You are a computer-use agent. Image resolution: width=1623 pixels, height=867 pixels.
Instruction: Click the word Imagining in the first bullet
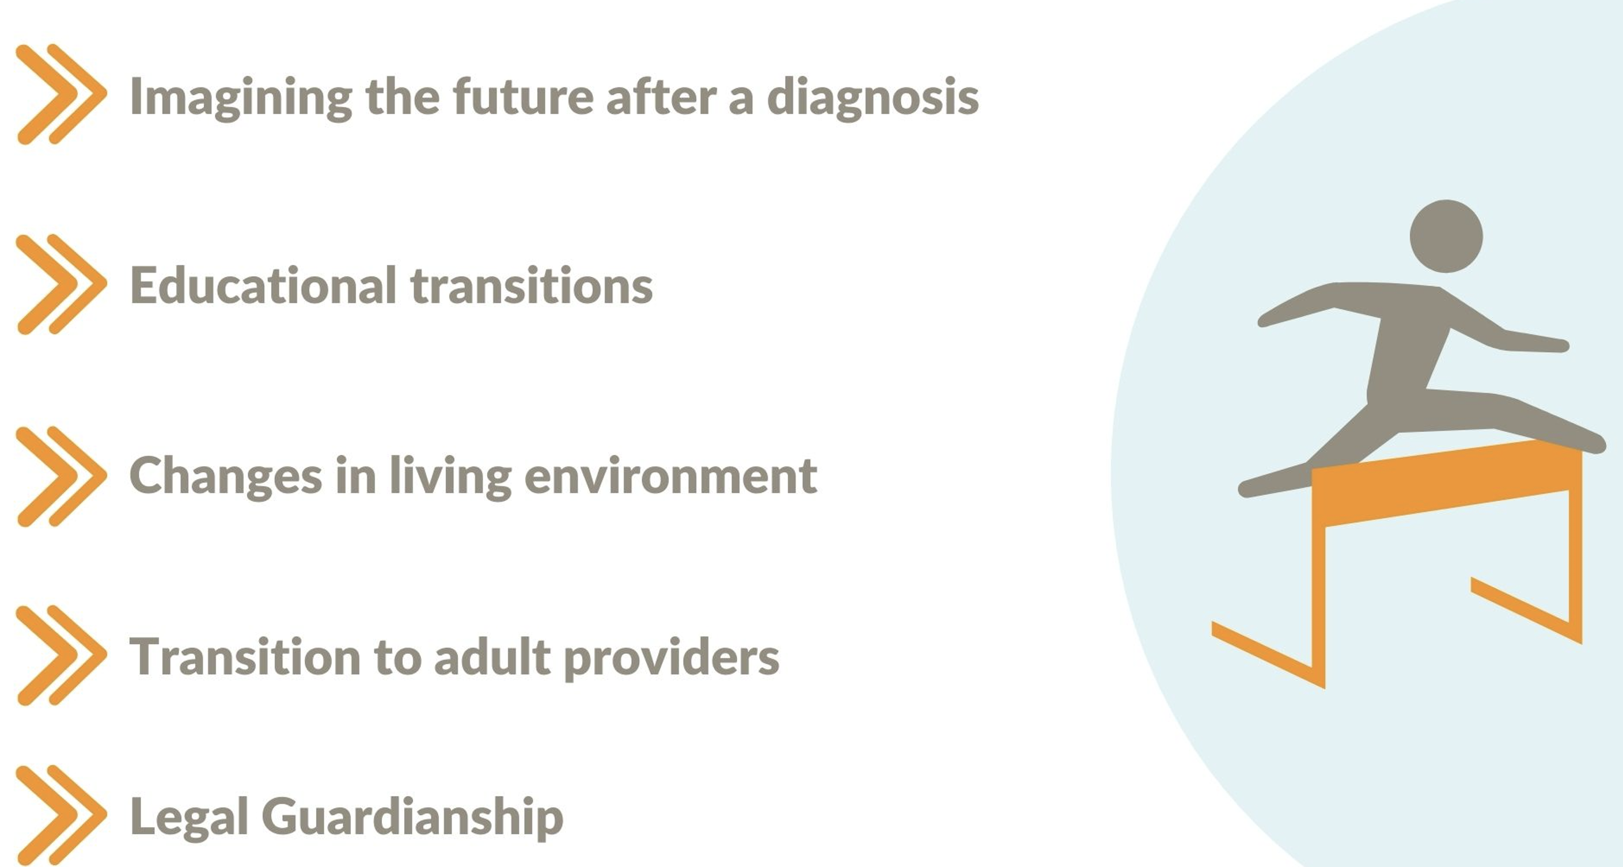point(240,98)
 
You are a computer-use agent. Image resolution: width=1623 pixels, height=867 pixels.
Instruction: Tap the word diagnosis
point(873,98)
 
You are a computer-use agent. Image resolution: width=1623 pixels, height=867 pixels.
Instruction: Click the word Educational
point(263,284)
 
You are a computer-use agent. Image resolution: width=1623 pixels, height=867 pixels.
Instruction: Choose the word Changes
point(225,477)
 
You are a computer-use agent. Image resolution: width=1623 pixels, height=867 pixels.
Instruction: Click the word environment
point(670,476)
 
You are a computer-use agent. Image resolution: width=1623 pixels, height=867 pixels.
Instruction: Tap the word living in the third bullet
point(450,477)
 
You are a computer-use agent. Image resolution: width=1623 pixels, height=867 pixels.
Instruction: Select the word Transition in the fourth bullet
point(244,657)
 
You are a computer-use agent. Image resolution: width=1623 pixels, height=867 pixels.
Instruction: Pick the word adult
point(492,657)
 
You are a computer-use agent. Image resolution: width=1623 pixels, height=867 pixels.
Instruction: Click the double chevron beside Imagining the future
point(61,94)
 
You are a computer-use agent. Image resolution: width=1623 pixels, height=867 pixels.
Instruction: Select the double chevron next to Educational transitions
point(61,284)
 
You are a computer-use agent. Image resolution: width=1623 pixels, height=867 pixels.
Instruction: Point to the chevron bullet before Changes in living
point(61,477)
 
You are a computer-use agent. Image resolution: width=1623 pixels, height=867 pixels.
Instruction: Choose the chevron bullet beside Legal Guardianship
point(61,815)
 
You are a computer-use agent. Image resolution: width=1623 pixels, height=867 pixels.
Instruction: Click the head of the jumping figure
point(1446,236)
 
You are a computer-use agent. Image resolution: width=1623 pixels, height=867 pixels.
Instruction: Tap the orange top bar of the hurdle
point(1447,483)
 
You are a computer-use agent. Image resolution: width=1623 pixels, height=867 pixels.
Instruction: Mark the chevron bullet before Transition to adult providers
point(61,656)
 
